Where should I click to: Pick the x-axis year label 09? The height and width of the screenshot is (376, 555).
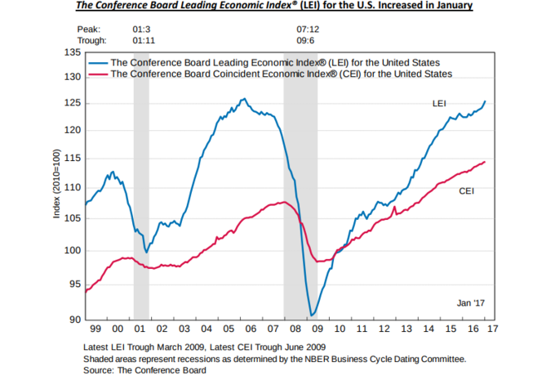(x=317, y=329)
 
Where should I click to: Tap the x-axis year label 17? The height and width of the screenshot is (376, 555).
(x=491, y=329)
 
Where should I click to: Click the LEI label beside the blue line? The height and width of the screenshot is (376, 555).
(x=441, y=105)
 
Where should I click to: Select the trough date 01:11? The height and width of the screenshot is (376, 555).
(x=144, y=38)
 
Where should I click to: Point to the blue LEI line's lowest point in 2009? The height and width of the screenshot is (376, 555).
(x=312, y=316)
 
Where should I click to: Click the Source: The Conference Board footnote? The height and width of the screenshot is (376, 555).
(x=145, y=369)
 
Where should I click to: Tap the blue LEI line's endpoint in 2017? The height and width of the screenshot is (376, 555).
(x=485, y=101)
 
